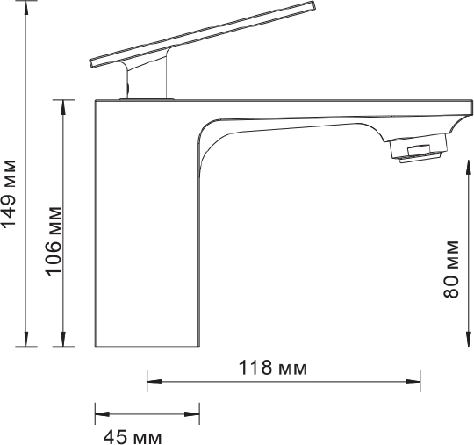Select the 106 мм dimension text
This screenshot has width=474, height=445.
click(54, 241)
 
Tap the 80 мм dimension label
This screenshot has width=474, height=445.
click(450, 269)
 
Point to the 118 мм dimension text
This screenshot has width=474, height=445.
click(273, 368)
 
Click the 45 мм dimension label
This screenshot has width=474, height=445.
click(133, 437)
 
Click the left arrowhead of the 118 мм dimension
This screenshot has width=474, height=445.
click(154, 382)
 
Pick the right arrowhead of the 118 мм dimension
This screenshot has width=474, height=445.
click(413, 382)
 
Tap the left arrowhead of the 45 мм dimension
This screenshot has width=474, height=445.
click(102, 413)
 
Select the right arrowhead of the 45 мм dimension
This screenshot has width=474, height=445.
click(192, 413)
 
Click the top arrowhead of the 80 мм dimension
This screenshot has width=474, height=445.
click(469, 169)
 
